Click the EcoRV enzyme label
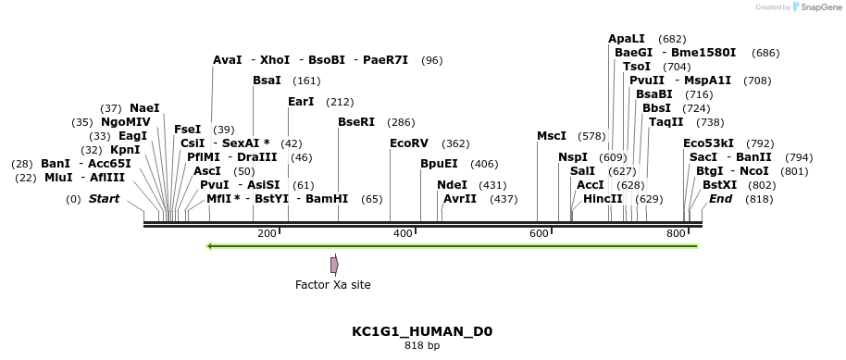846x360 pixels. pos(409,143)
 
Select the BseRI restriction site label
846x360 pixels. pos(356,122)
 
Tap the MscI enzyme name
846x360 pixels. pos(552,136)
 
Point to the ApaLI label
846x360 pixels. pos(627,39)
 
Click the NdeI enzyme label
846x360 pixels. pos(453,185)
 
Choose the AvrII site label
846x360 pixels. pos(460,199)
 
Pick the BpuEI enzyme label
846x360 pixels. pos(440,164)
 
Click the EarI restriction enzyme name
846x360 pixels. pos(301,102)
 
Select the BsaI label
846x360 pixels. pos(267,81)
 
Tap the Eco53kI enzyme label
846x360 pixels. pos(708,143)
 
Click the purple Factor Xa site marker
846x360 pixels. pos(334,265)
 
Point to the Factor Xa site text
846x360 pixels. pos(333,285)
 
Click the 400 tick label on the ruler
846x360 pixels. pos(403,233)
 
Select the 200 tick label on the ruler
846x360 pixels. pos(267,233)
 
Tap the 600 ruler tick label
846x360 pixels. pos(539,233)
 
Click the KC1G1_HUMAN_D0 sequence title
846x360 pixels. pos(422,331)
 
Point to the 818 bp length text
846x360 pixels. pos(422,346)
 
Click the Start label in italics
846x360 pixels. pos(104,199)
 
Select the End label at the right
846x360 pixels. pos(721,199)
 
